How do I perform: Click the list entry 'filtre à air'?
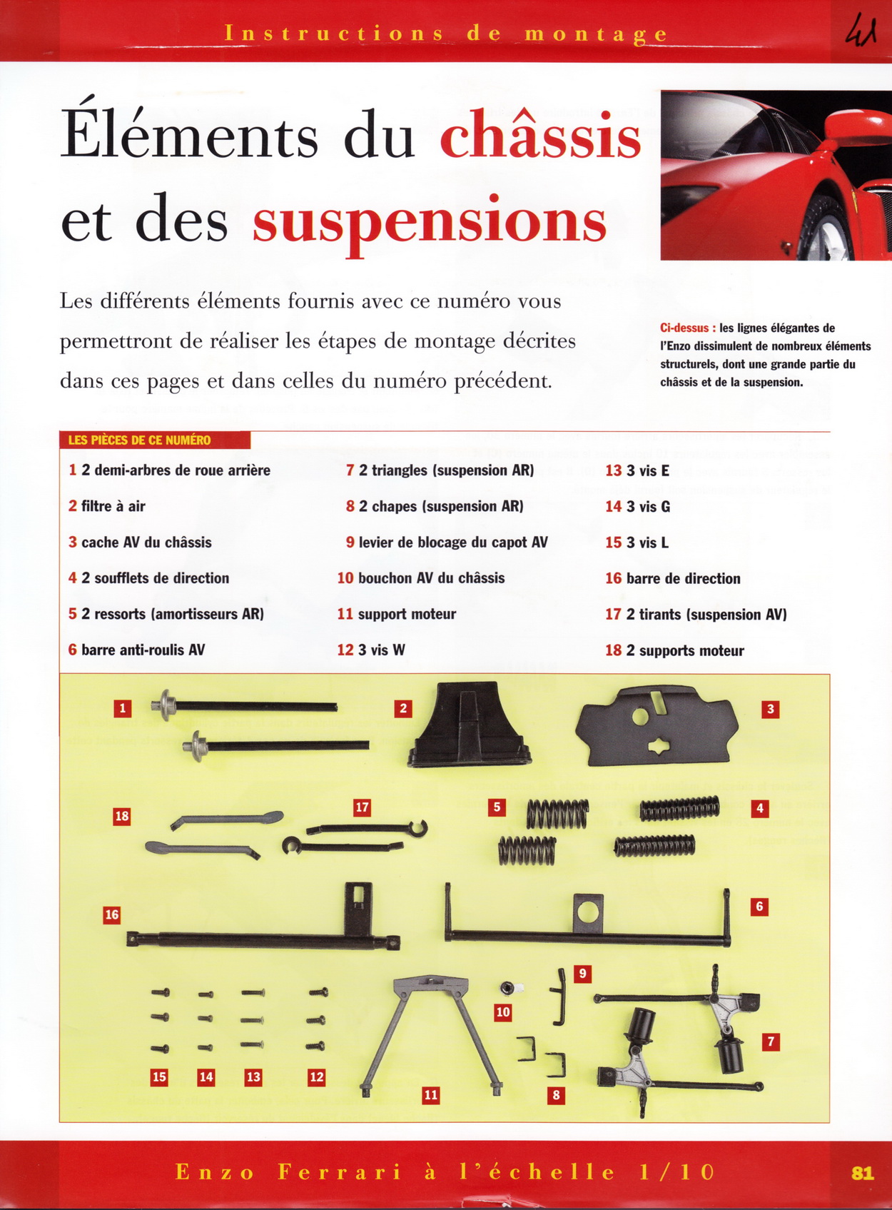(x=107, y=506)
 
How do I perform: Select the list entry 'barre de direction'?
(x=673, y=578)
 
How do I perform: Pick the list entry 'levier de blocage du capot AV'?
(x=447, y=543)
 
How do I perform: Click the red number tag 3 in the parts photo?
(x=771, y=710)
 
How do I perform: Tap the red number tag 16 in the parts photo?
(x=112, y=914)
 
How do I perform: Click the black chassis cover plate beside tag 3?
(x=657, y=726)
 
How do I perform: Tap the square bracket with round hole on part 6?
(x=588, y=913)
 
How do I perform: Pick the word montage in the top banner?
(x=596, y=34)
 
